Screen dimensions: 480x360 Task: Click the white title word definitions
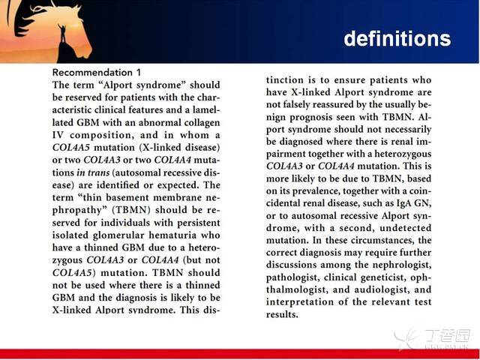(397, 38)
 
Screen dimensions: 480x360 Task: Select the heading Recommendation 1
(97, 73)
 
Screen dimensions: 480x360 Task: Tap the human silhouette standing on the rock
(63, 33)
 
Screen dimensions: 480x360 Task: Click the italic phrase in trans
(93, 172)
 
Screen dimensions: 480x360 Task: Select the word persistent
(198, 223)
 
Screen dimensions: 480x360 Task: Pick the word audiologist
(384, 289)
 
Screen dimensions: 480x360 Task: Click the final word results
(282, 314)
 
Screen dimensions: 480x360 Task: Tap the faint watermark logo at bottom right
(432, 338)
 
